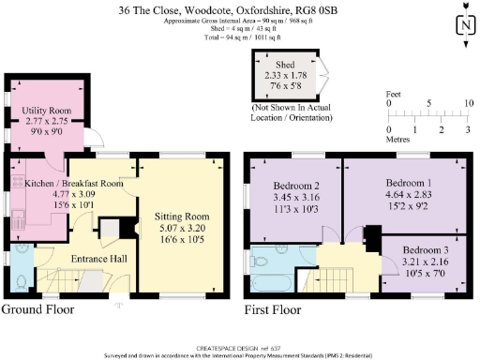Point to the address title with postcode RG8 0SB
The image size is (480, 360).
(x=239, y=8)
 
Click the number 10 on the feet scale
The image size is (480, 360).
(x=469, y=103)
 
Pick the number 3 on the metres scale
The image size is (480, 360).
(x=467, y=128)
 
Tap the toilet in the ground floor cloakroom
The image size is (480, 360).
(x=21, y=278)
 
